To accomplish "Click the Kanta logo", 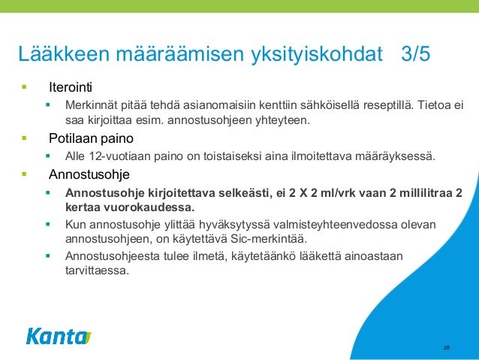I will (58, 336).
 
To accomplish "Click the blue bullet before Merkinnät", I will (47, 103).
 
